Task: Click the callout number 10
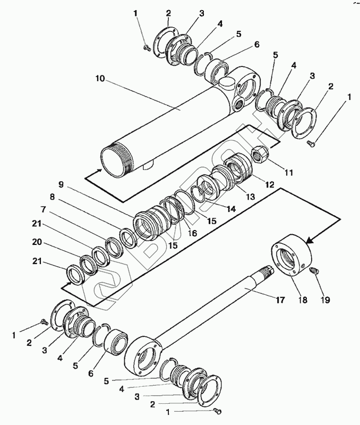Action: [100, 79]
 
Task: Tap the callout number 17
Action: [280, 300]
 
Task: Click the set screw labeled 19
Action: [314, 270]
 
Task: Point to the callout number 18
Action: [303, 300]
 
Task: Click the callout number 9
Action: [61, 184]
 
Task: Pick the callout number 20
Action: [37, 242]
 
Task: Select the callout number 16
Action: [193, 233]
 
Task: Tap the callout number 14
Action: [231, 209]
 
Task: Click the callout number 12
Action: [270, 184]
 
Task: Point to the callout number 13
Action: [250, 197]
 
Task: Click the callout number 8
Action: [52, 197]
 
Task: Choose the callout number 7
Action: [43, 210]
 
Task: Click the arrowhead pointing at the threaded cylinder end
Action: [100, 171]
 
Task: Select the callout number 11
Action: [288, 172]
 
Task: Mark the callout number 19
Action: [325, 300]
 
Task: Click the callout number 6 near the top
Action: [256, 44]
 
